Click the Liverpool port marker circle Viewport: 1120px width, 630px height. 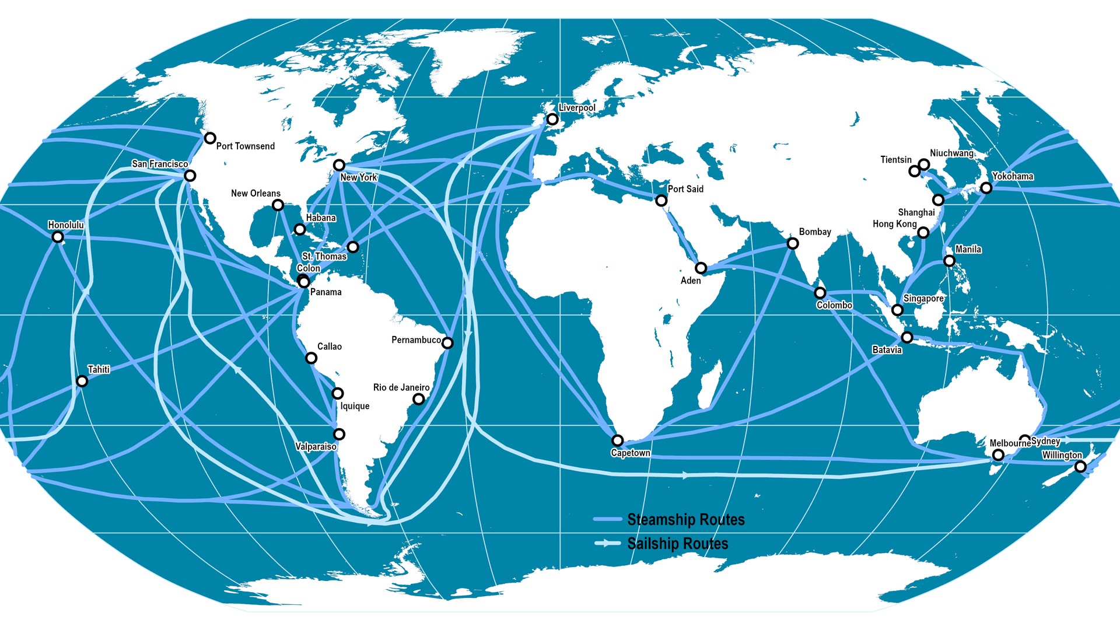(552, 120)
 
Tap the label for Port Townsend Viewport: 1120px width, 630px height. (245, 146)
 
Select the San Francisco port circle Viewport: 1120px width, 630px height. (190, 176)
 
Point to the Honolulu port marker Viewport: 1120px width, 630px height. (57, 237)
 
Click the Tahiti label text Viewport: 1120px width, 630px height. (99, 369)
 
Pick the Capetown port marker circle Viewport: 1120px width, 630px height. (617, 440)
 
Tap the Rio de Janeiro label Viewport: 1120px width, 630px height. (401, 387)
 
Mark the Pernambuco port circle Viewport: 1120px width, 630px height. (447, 343)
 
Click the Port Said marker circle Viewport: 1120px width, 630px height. (661, 201)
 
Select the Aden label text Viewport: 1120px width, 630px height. (691, 281)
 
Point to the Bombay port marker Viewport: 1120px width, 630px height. (792, 243)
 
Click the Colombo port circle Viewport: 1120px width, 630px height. (820, 293)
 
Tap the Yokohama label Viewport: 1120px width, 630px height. (1013, 176)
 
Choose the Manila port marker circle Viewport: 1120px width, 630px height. (949, 261)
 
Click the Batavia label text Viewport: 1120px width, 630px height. (887, 350)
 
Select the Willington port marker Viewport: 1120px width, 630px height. (1080, 467)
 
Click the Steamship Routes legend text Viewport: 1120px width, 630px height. (686, 520)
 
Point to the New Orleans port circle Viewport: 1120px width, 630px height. (278, 205)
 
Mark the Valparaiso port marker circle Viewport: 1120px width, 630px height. (339, 434)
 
